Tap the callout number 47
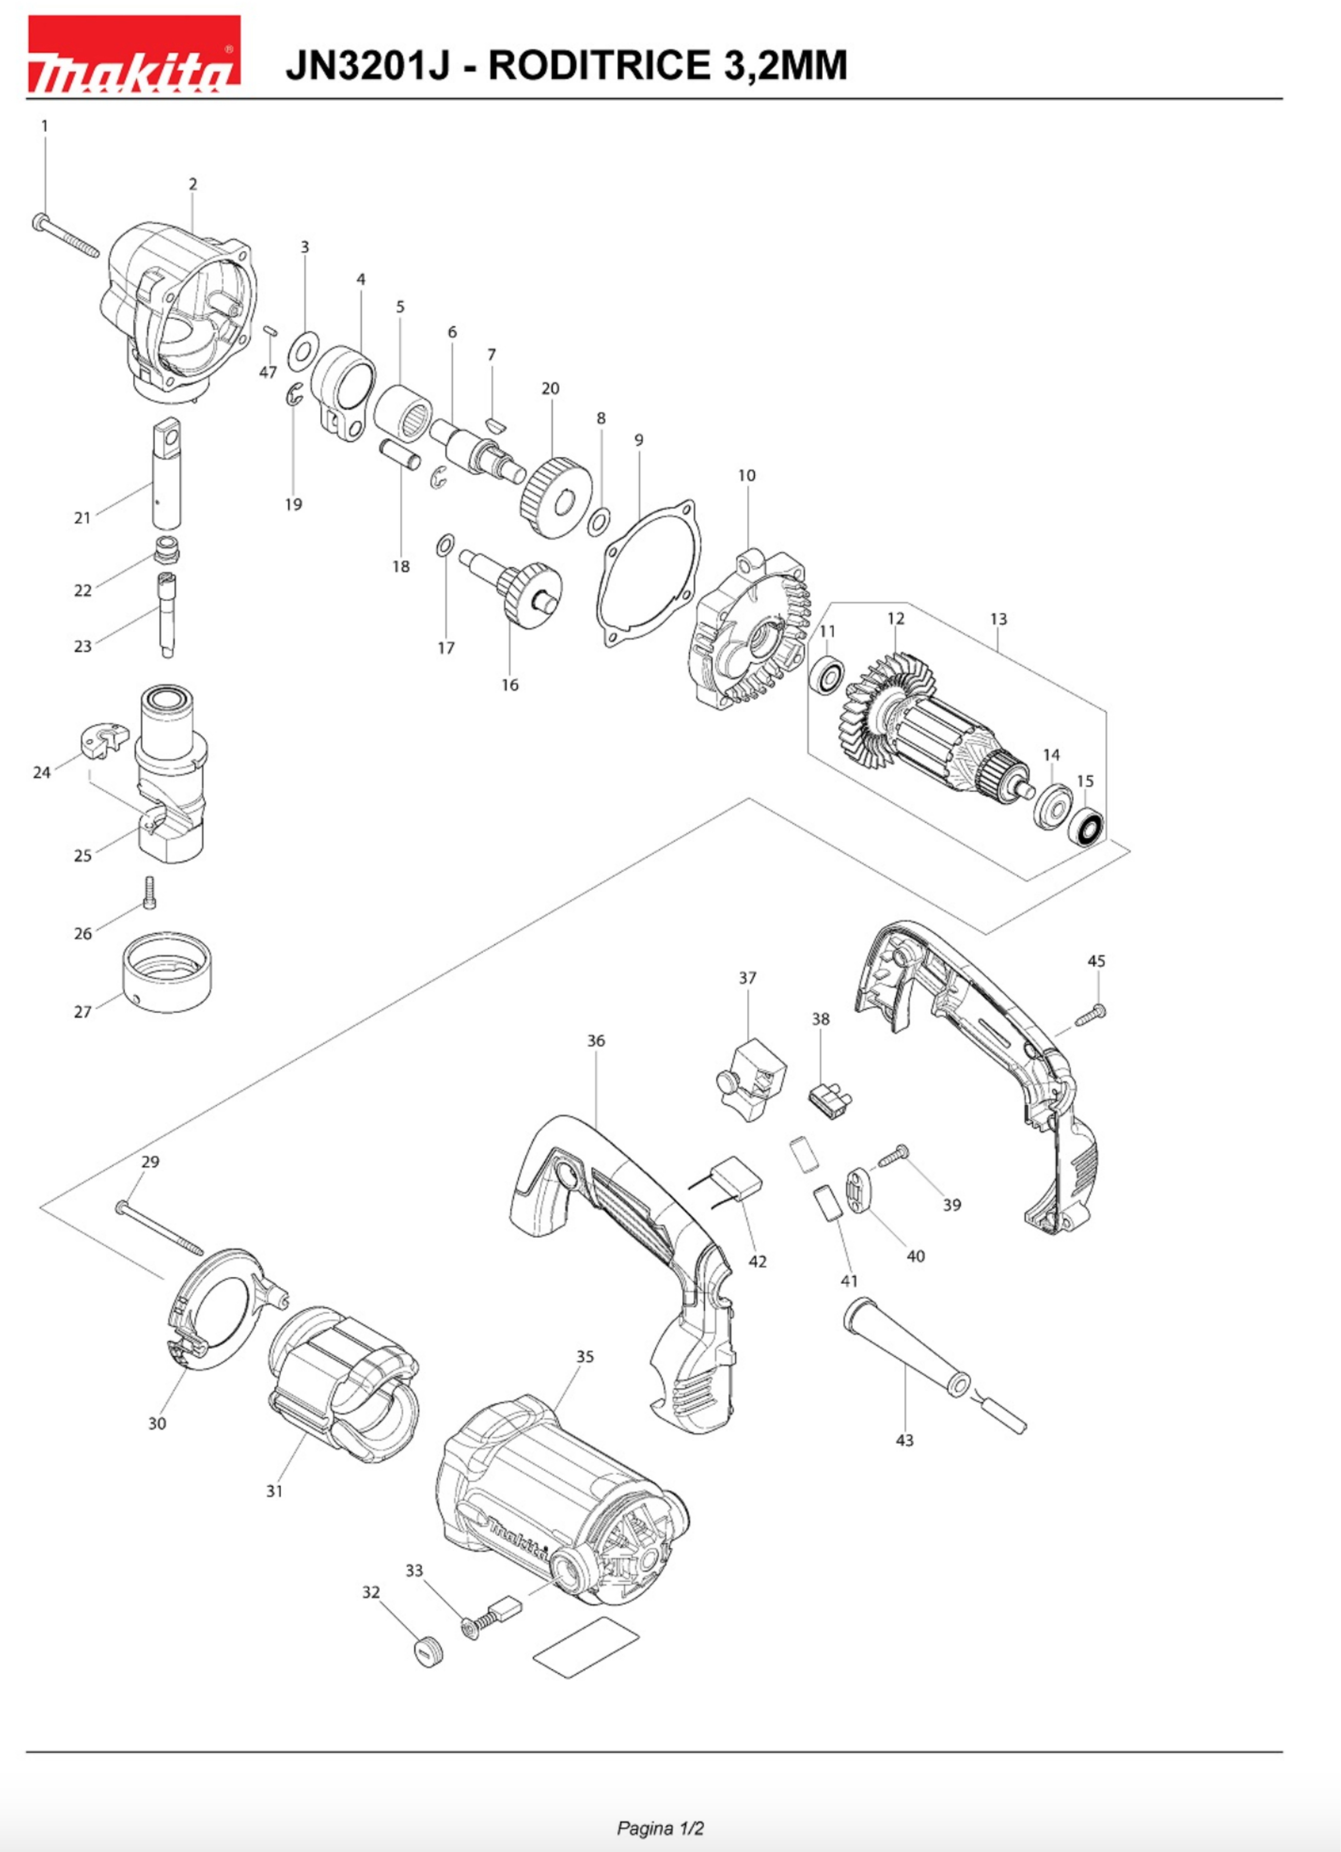point(268,372)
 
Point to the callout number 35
point(585,1356)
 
